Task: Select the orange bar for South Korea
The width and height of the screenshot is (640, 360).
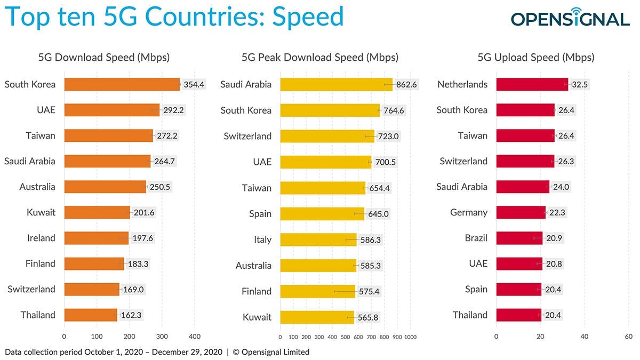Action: (122, 84)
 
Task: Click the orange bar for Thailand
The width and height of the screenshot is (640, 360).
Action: (91, 315)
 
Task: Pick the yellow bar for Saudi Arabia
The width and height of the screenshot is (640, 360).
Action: (336, 84)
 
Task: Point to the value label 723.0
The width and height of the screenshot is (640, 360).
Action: (389, 136)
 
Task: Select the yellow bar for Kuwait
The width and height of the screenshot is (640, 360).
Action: (317, 317)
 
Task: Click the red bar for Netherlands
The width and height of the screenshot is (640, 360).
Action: (532, 84)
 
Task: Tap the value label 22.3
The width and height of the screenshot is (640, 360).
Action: (557, 213)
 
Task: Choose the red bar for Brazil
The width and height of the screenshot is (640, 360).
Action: (519, 238)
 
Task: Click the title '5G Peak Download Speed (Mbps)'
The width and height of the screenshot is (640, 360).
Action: (320, 58)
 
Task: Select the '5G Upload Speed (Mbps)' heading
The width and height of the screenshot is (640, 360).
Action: (536, 58)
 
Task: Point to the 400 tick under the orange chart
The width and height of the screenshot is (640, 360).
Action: (194, 337)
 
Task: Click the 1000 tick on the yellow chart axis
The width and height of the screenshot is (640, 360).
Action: (410, 337)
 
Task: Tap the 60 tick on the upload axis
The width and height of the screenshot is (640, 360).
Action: (628, 337)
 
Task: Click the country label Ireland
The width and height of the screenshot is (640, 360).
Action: (41, 238)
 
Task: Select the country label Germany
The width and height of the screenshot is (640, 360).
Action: (469, 212)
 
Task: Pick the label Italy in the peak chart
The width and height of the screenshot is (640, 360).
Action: (262, 239)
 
